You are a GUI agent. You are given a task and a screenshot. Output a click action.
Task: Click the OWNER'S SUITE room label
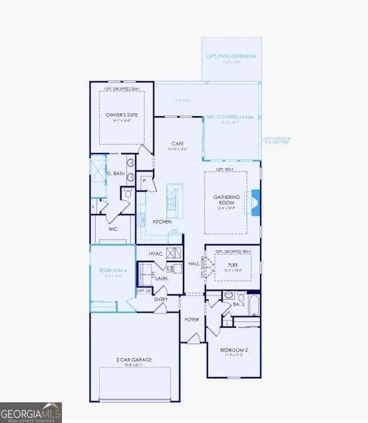(121, 115)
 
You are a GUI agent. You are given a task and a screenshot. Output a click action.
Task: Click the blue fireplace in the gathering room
(254, 200)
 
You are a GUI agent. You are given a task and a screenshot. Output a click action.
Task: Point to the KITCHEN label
(162, 221)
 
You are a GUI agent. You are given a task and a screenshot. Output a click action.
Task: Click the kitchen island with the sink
(174, 200)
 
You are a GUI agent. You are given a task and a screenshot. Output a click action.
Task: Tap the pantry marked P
(144, 181)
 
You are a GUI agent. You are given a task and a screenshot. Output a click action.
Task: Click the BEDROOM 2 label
(234, 349)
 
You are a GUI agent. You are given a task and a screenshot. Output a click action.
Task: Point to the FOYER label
(191, 319)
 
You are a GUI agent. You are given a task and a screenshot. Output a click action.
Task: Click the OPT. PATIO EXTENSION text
(231, 57)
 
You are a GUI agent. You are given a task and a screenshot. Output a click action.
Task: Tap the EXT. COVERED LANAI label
(229, 117)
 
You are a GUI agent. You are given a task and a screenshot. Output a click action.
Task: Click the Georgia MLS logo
(31, 412)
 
